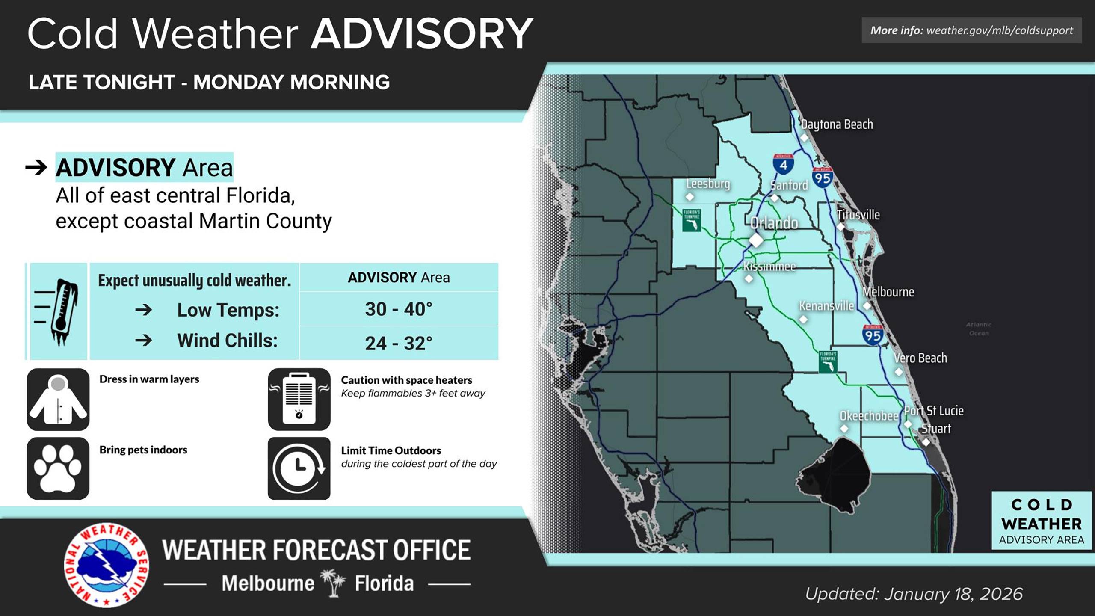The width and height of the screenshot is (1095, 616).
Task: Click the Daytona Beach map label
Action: coord(837,124)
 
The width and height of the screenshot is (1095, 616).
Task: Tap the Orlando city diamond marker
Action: coord(756,240)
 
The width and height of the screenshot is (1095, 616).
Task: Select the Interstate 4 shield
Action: coord(783,164)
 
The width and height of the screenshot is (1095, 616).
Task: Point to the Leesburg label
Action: coord(708,184)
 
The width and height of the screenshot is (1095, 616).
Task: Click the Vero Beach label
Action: coord(920,358)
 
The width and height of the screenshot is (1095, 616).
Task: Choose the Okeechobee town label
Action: coord(869,416)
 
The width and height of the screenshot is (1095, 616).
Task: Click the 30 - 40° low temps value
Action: coord(399,309)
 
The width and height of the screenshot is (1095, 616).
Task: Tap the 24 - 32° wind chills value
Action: coord(399,343)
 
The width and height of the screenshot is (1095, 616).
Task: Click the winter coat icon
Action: coord(58,400)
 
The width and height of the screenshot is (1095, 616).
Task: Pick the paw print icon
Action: coord(58,468)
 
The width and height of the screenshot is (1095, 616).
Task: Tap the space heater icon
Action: coord(299,400)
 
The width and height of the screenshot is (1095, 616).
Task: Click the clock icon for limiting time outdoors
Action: coord(299,468)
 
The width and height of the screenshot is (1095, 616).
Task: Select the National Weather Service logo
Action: coord(107,565)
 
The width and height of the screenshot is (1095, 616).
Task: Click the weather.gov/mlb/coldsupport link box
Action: coord(971,30)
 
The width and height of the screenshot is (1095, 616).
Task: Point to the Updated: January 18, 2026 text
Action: coord(914,594)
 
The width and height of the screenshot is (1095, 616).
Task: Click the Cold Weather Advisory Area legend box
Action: coord(1041,521)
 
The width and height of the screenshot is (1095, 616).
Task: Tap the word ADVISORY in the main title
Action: coord(422,34)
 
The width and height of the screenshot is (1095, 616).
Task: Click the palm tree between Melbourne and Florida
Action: coord(334,583)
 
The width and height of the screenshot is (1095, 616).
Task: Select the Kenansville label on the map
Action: coord(826,306)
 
